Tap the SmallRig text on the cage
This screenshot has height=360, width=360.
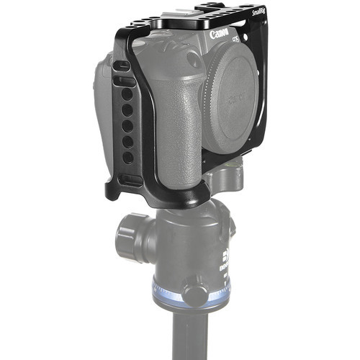tap(261, 12)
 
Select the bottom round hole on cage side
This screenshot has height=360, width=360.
tap(128, 158)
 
